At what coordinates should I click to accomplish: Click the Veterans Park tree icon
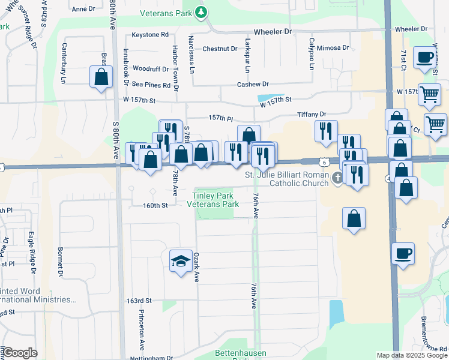(x=202, y=12)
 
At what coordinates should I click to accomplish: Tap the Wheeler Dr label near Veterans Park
(x=273, y=31)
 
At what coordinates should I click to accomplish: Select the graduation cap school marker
(x=181, y=261)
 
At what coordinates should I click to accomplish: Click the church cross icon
(x=338, y=177)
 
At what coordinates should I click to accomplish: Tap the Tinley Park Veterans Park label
(x=215, y=200)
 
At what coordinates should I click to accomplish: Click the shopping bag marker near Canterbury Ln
(x=101, y=77)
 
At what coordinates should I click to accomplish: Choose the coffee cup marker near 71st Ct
(x=425, y=58)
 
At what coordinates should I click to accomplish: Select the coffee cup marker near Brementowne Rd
(x=403, y=253)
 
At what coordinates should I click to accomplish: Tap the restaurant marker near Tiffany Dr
(x=326, y=131)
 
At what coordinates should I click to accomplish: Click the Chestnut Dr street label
(x=220, y=49)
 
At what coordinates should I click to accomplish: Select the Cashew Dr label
(x=253, y=85)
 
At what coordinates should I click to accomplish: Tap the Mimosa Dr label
(x=333, y=47)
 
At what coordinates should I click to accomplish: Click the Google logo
(x=20, y=353)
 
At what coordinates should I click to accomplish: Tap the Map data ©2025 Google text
(x=412, y=355)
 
